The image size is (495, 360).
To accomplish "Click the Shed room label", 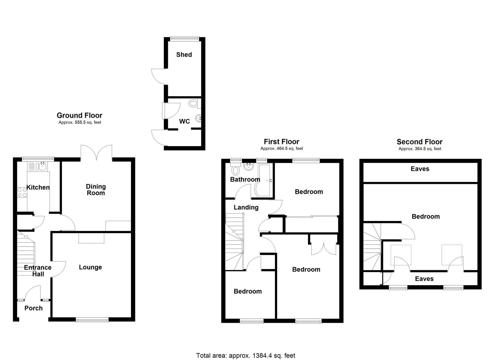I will (184, 55).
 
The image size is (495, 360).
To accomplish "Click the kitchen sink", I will (41, 167).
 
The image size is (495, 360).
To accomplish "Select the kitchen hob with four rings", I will (22, 192).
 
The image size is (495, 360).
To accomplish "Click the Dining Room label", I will (96, 189).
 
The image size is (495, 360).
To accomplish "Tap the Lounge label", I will (90, 267).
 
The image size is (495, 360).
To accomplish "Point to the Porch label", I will (33, 308).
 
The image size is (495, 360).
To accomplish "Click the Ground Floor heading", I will (79, 115).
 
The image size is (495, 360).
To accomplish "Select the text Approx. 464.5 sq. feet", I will (281, 149).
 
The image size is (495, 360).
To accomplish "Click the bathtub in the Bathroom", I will (264, 181).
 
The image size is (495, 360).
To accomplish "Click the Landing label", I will (246, 207).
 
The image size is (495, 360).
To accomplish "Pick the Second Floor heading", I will (419, 142).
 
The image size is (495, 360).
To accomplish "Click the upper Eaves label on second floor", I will (420, 169).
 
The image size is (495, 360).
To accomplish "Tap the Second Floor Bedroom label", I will (425, 216).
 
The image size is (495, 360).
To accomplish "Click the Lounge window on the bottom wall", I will (92, 320).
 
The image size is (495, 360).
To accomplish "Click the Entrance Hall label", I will (38, 271).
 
